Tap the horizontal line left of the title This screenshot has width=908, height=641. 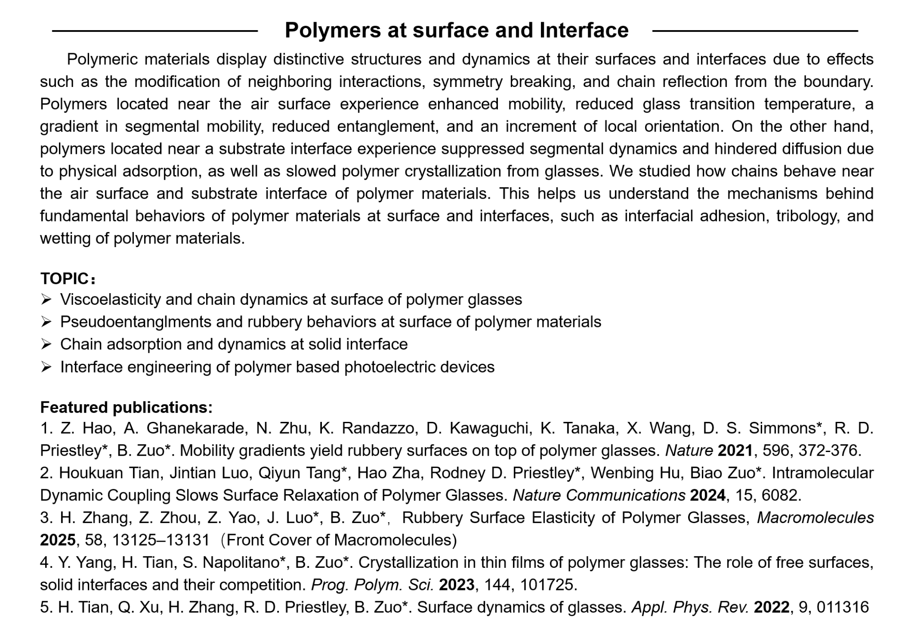tap(155, 31)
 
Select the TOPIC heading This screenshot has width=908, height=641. tap(65, 279)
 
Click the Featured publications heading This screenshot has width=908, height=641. tap(126, 407)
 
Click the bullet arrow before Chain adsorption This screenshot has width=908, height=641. tap(46, 344)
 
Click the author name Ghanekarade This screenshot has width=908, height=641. tap(195, 428)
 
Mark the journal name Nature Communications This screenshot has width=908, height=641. tap(599, 495)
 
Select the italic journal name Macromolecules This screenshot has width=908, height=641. tap(815, 518)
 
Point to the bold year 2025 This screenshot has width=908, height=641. tap(58, 540)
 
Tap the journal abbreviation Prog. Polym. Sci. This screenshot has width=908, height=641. tap(372, 585)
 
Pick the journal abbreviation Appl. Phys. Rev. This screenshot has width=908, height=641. tap(690, 607)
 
